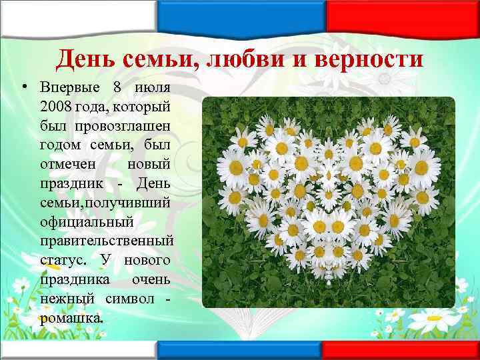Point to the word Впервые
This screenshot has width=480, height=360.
tap(68, 88)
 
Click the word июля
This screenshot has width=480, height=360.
tap(153, 88)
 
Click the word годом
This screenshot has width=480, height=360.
tap(61, 144)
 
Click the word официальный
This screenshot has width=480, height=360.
tap(87, 219)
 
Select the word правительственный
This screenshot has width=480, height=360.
tap(107, 239)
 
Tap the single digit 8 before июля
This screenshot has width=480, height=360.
tap(117, 88)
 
